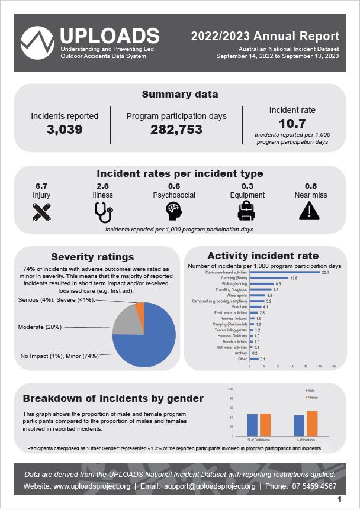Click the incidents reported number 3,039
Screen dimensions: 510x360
pos(65,130)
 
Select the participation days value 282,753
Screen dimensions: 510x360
pos(176,130)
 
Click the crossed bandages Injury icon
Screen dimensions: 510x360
pos(41,211)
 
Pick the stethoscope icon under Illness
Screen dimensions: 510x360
pos(102,211)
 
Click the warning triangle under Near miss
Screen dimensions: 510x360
pos(310,211)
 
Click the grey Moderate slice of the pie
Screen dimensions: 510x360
pos(125,324)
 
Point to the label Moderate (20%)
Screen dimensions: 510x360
pos(40,327)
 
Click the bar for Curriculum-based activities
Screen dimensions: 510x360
pos(285,272)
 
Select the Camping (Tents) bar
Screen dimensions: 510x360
pos(269,278)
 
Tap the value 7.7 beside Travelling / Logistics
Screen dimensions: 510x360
pos(275,290)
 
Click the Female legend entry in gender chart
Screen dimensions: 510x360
pos(312,398)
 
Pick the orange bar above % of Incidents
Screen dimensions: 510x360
pos(312,422)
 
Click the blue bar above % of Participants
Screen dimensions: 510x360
pos(252,424)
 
